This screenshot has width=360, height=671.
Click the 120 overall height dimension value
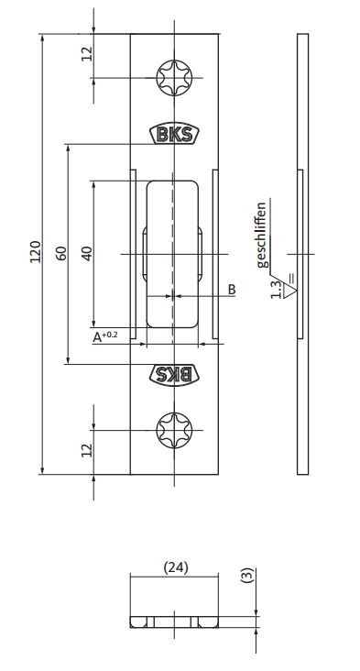35,251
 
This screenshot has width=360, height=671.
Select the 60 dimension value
61,253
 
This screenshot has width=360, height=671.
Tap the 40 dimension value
87,253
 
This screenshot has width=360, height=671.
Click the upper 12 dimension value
87,54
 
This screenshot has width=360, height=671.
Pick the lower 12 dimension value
87,450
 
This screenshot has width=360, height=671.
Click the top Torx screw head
174,78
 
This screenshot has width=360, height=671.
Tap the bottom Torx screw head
174,430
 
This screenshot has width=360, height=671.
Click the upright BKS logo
174,134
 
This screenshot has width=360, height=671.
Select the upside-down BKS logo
174,375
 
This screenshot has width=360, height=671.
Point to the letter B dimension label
232,290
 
